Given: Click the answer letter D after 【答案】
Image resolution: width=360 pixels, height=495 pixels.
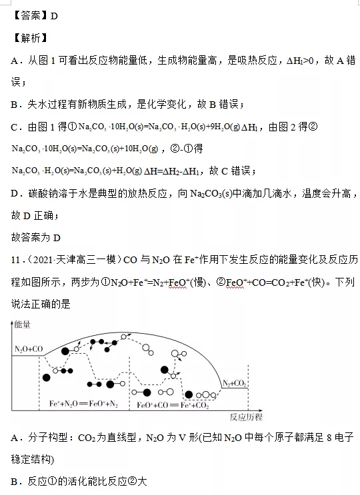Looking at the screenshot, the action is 54,16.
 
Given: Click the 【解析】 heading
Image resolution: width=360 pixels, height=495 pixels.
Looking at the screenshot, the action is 30,38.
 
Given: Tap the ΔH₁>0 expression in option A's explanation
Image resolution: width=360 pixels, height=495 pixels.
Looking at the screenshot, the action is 300,61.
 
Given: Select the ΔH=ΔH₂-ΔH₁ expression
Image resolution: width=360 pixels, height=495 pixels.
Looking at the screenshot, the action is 171,171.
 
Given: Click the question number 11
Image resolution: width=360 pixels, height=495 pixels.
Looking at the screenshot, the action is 15,260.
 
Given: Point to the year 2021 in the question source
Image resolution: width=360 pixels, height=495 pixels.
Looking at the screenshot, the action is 43,260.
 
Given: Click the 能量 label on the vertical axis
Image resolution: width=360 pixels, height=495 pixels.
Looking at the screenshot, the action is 22,324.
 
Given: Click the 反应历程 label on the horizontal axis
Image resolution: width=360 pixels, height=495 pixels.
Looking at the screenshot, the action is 246,417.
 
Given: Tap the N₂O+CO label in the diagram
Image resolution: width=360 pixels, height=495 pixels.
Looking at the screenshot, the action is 29,349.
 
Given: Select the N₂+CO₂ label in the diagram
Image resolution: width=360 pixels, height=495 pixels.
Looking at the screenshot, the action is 234,383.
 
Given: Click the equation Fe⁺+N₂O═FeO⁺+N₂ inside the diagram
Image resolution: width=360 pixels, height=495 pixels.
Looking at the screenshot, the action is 84,404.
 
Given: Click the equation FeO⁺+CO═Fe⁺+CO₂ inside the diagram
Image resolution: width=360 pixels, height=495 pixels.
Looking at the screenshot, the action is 173,404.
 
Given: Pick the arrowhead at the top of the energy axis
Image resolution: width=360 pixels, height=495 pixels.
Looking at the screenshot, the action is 12,322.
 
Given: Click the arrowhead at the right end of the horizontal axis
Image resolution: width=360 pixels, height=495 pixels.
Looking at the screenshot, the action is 260,410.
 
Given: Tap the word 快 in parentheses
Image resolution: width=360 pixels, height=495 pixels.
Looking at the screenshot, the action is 317,282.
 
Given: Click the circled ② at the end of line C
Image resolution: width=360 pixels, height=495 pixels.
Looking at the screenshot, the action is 313,127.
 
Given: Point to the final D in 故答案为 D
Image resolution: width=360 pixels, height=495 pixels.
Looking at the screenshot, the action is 57,238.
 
